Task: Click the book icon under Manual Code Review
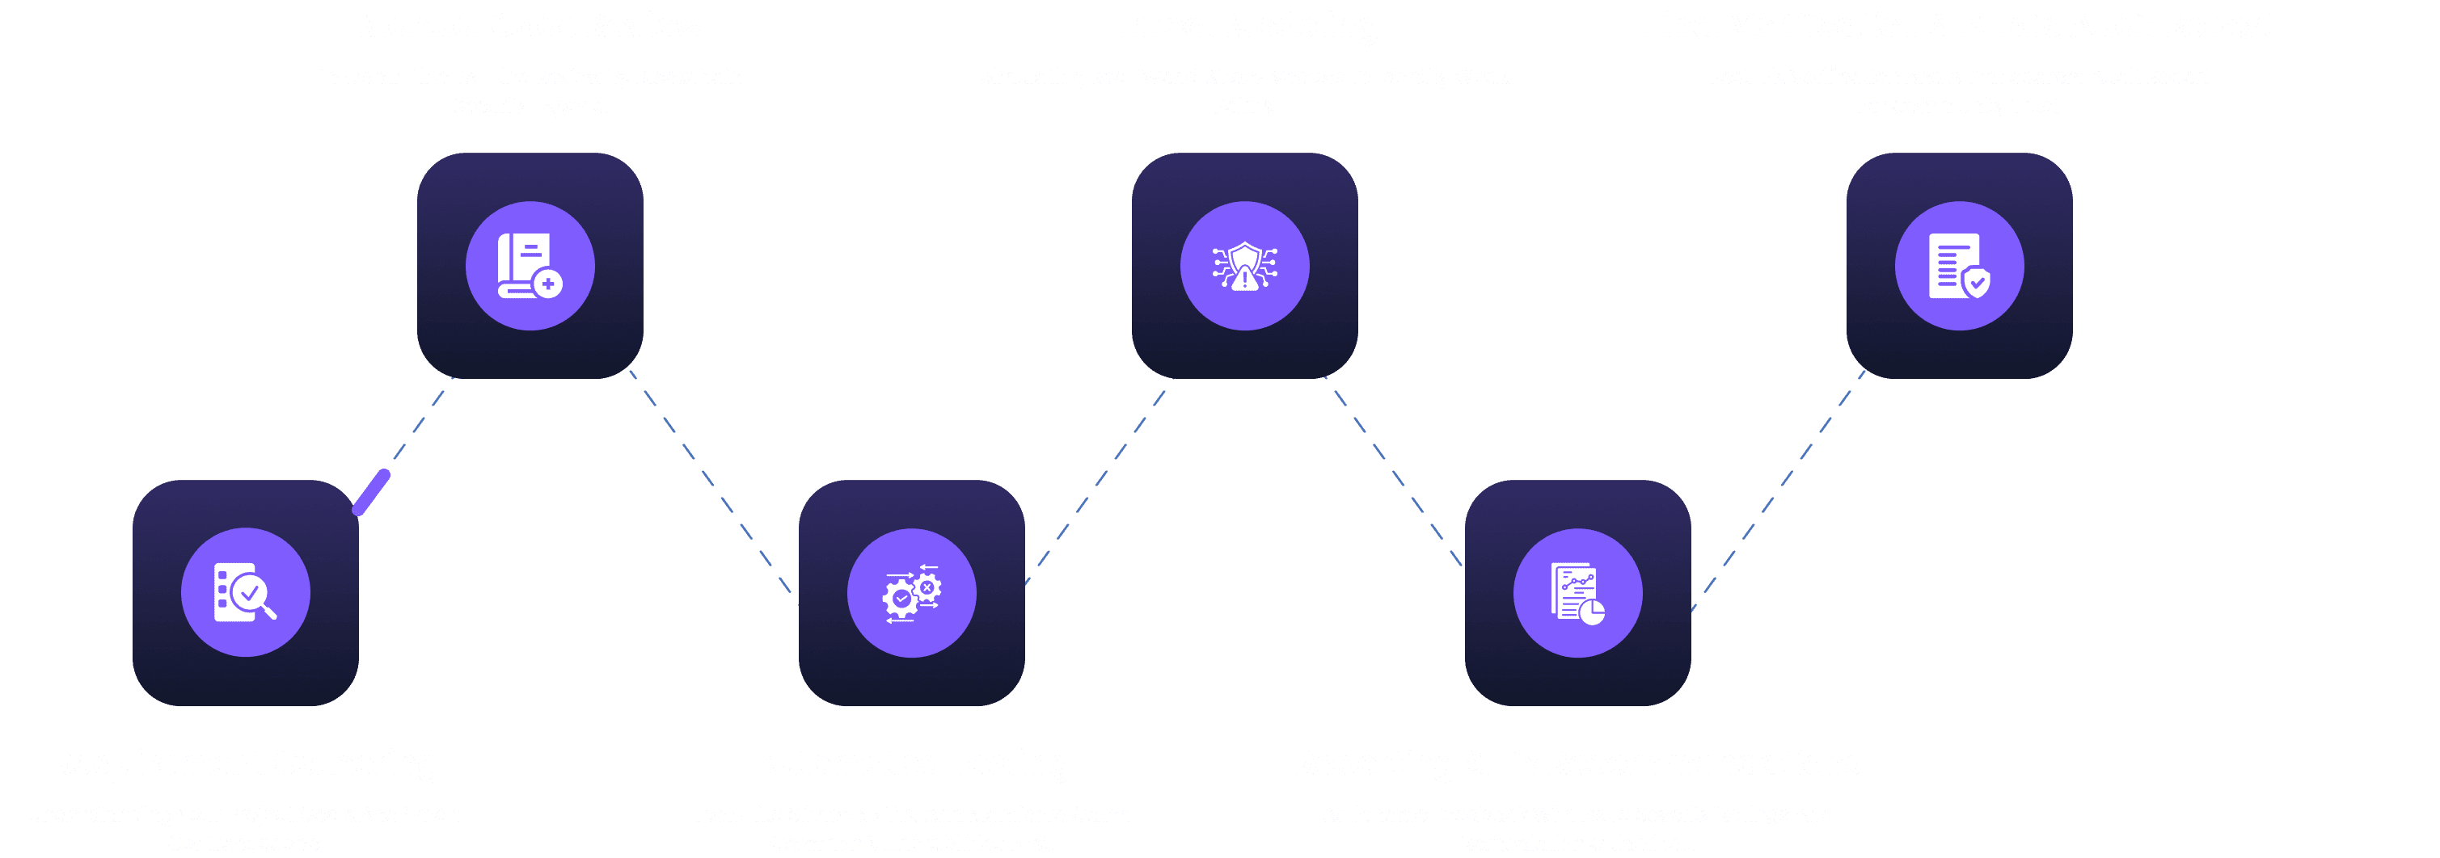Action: pos(530,266)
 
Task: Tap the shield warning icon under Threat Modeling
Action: pos(1244,266)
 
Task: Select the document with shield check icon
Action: pos(1959,266)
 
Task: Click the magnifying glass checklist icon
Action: pos(245,593)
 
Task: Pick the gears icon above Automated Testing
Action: pos(911,593)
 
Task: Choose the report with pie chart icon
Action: pos(1577,593)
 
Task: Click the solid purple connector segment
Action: pos(371,493)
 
